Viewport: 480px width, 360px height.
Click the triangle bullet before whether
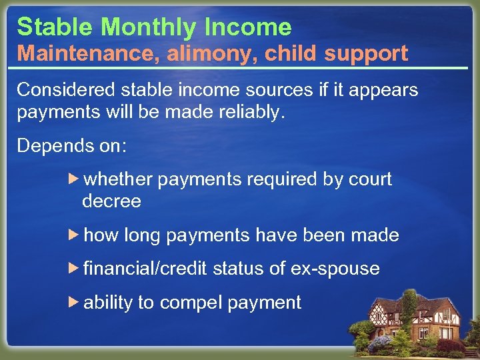(74, 179)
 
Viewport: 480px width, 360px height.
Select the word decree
(111, 201)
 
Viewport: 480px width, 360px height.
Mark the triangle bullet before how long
(74, 235)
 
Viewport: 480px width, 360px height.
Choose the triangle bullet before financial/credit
(74, 268)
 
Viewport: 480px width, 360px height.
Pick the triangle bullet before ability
(74, 301)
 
